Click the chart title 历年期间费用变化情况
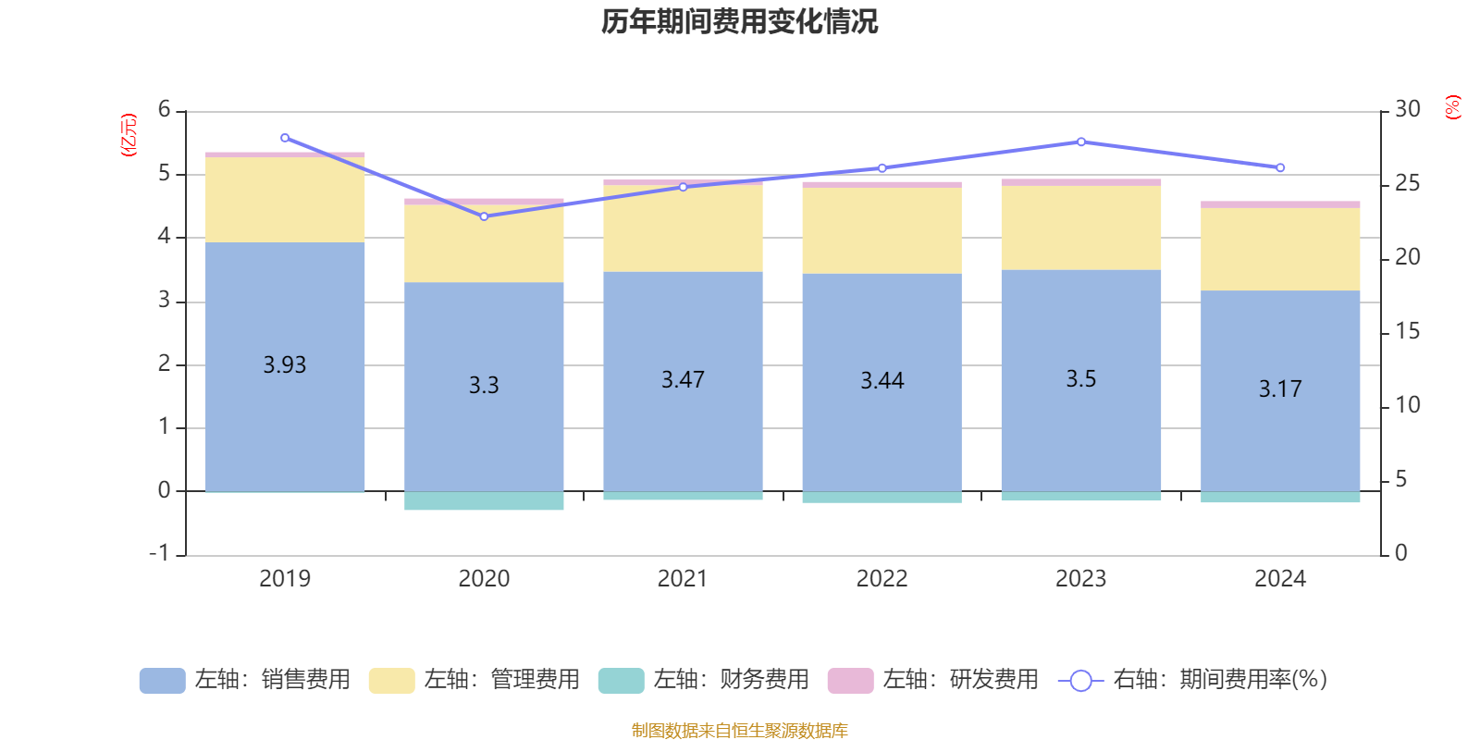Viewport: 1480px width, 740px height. [739, 21]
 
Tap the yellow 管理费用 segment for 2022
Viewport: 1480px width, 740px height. [882, 230]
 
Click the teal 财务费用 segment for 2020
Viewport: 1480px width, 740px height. [484, 501]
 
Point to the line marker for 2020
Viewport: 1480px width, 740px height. [484, 216]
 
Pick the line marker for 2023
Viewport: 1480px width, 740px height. [1081, 142]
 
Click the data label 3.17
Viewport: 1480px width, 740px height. [1280, 389]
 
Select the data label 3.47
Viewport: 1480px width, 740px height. [683, 380]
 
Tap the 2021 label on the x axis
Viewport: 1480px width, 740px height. [683, 579]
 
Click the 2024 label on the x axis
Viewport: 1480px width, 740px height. [1280, 579]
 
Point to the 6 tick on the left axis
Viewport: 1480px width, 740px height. [165, 110]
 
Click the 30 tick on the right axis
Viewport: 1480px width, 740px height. [1407, 110]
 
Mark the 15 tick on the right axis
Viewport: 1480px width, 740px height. [1407, 331]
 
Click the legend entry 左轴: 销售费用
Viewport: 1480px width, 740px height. [245, 680]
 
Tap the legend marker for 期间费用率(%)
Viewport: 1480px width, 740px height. [1080, 681]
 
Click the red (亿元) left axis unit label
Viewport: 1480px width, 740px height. [129, 135]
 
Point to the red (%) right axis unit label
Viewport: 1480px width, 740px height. [1453, 107]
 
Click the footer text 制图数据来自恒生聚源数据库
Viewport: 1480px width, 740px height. [739, 731]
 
